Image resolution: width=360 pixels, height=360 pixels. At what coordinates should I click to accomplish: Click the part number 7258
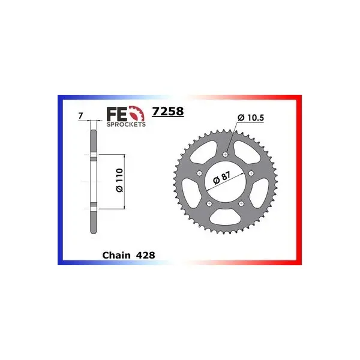(168, 112)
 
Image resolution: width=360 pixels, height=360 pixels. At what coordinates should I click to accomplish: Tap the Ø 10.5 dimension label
(251, 118)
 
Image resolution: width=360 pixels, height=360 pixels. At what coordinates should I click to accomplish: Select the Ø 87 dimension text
(222, 178)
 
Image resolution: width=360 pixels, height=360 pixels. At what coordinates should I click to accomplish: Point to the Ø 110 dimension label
(119, 180)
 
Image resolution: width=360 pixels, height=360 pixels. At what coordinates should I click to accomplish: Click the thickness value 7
(80, 116)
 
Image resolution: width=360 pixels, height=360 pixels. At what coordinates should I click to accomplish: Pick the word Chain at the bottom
(116, 255)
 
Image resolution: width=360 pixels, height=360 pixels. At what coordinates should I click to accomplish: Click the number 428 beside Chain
(146, 255)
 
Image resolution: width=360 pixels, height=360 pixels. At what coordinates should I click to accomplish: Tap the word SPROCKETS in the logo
(126, 124)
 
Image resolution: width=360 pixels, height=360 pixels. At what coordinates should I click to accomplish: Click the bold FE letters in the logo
(117, 114)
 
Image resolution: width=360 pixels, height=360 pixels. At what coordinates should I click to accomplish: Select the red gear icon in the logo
(137, 113)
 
